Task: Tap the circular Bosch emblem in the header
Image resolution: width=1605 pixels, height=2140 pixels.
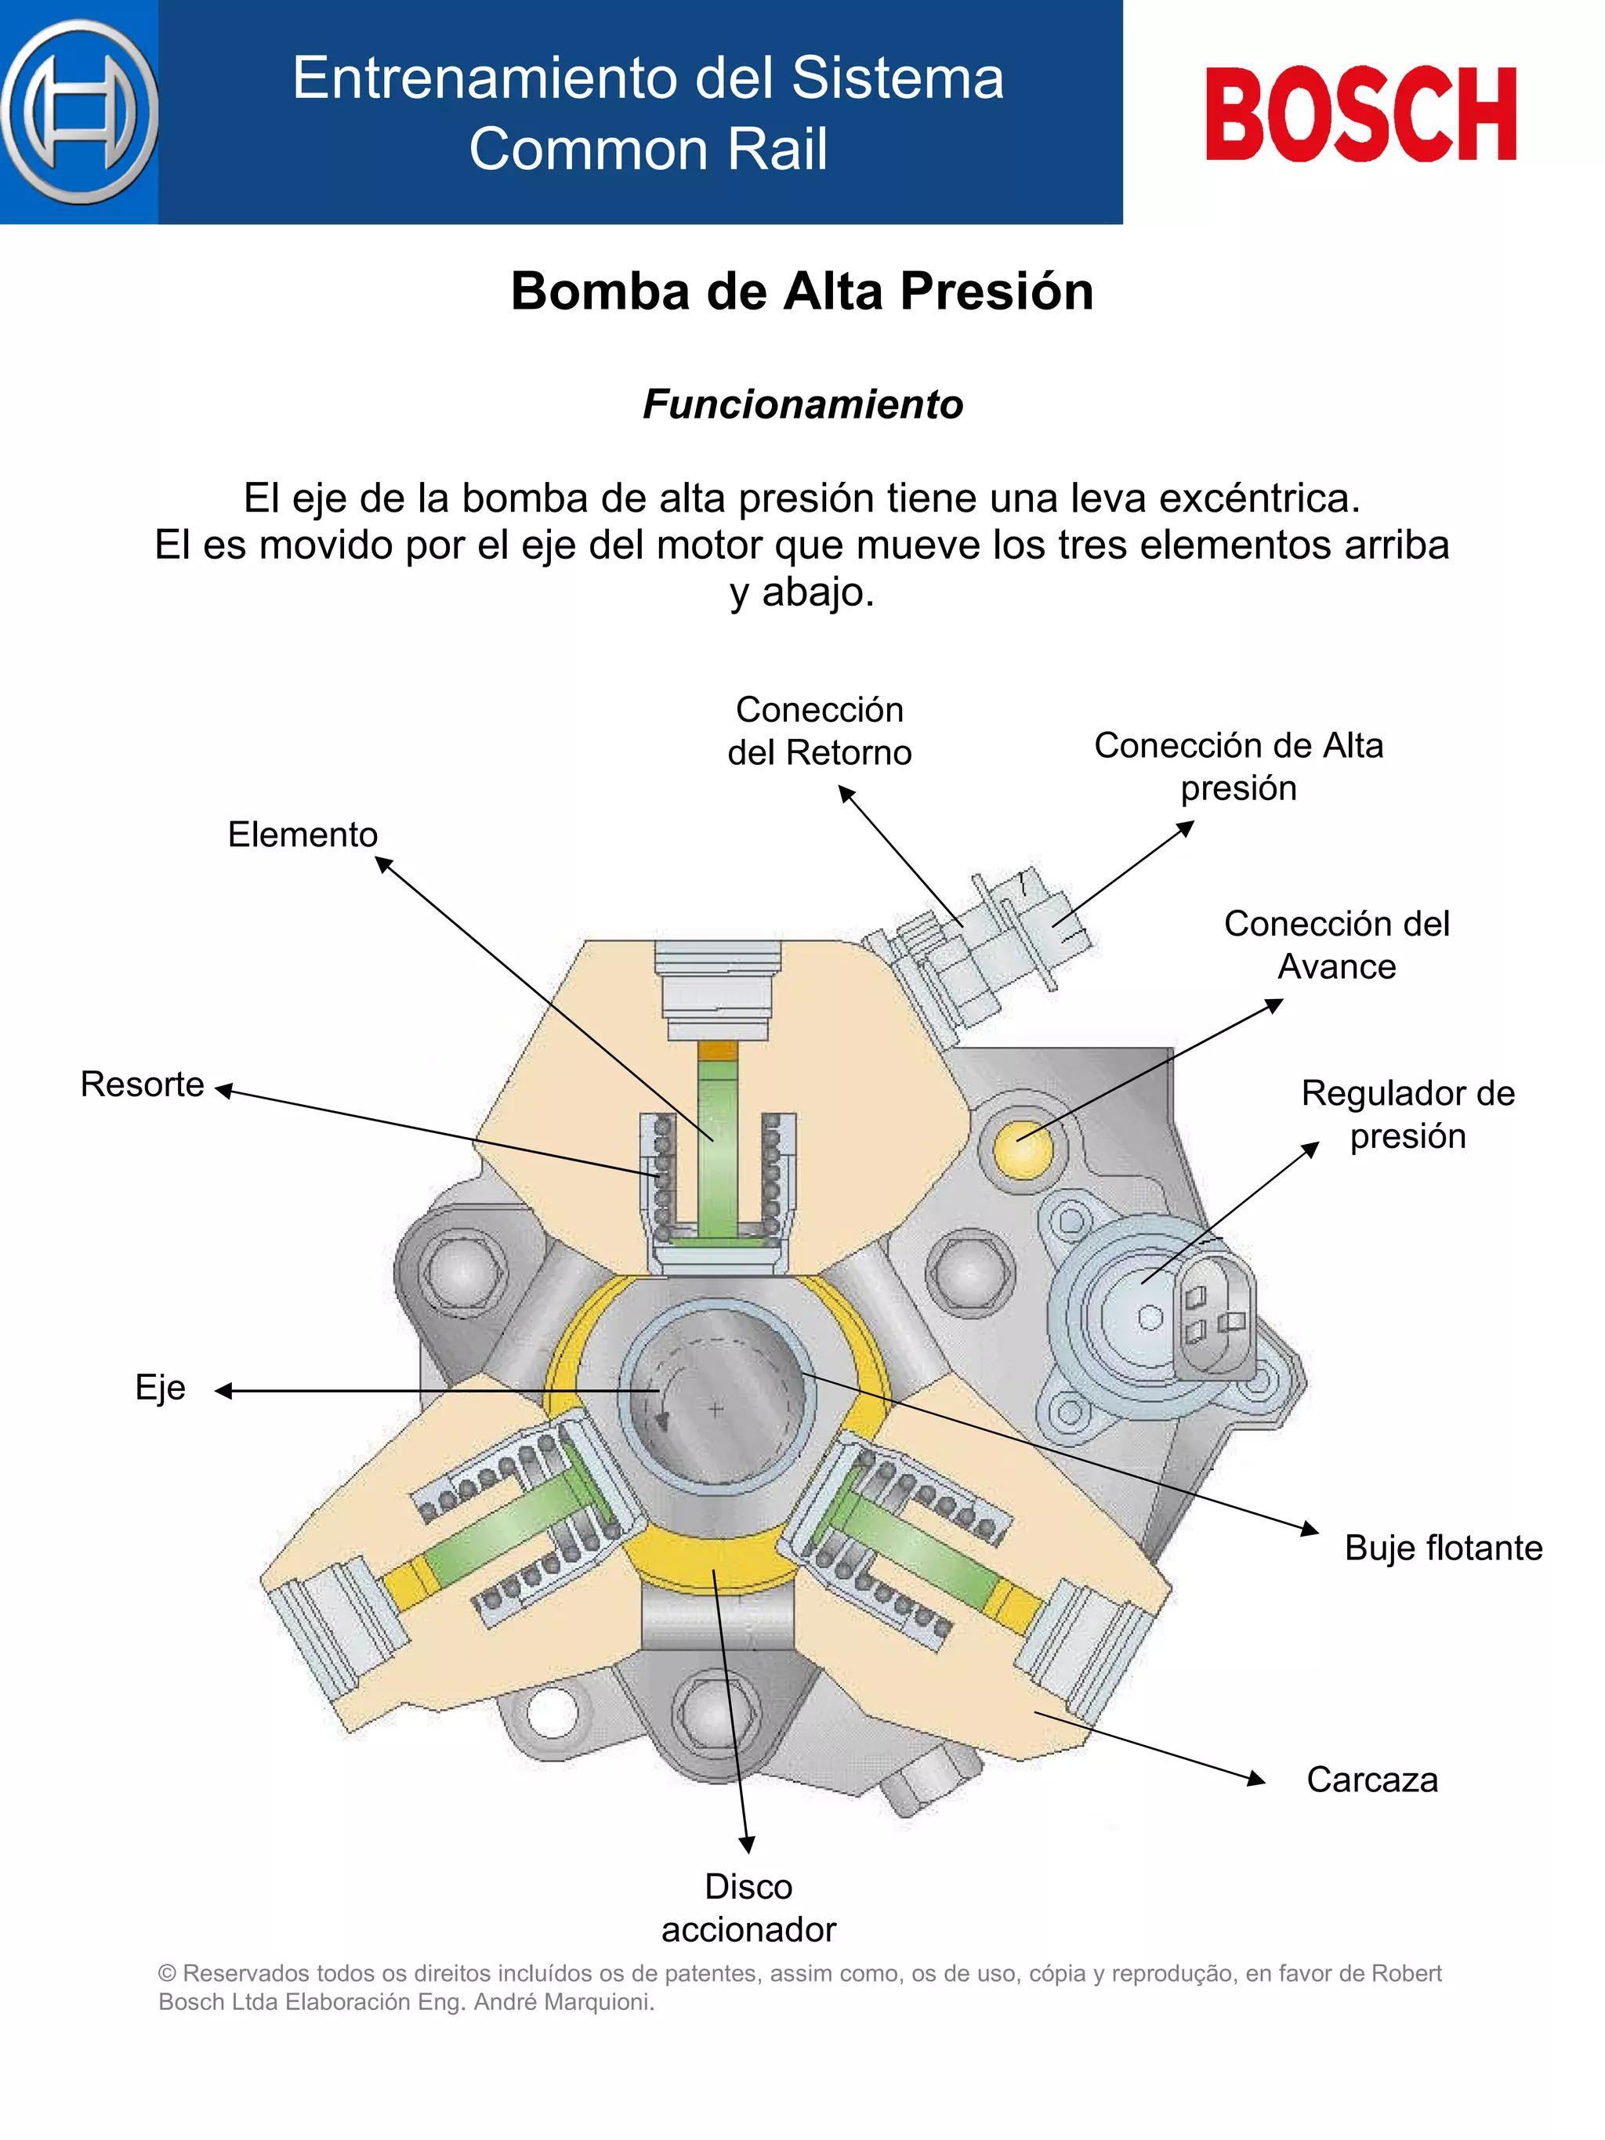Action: point(79,112)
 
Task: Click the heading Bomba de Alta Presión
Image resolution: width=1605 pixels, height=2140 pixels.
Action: point(802,291)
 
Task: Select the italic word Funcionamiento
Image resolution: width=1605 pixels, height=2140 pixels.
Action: point(803,404)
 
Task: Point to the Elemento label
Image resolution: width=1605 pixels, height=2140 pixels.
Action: point(302,834)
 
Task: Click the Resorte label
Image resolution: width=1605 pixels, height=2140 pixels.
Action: point(142,1084)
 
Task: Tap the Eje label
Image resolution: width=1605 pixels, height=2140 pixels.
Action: point(160,1386)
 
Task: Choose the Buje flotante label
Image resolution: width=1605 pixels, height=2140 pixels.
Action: point(1443,1547)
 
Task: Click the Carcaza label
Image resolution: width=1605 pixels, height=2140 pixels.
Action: point(1371,1779)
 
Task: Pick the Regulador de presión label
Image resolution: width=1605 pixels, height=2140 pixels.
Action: point(1408,1113)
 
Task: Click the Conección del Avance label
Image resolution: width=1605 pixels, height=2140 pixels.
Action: point(1336,944)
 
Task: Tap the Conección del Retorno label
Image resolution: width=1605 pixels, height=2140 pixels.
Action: point(820,730)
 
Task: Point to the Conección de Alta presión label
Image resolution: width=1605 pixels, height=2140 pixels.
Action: point(1238,766)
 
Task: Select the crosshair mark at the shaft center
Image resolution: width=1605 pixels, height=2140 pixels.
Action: point(715,1410)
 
